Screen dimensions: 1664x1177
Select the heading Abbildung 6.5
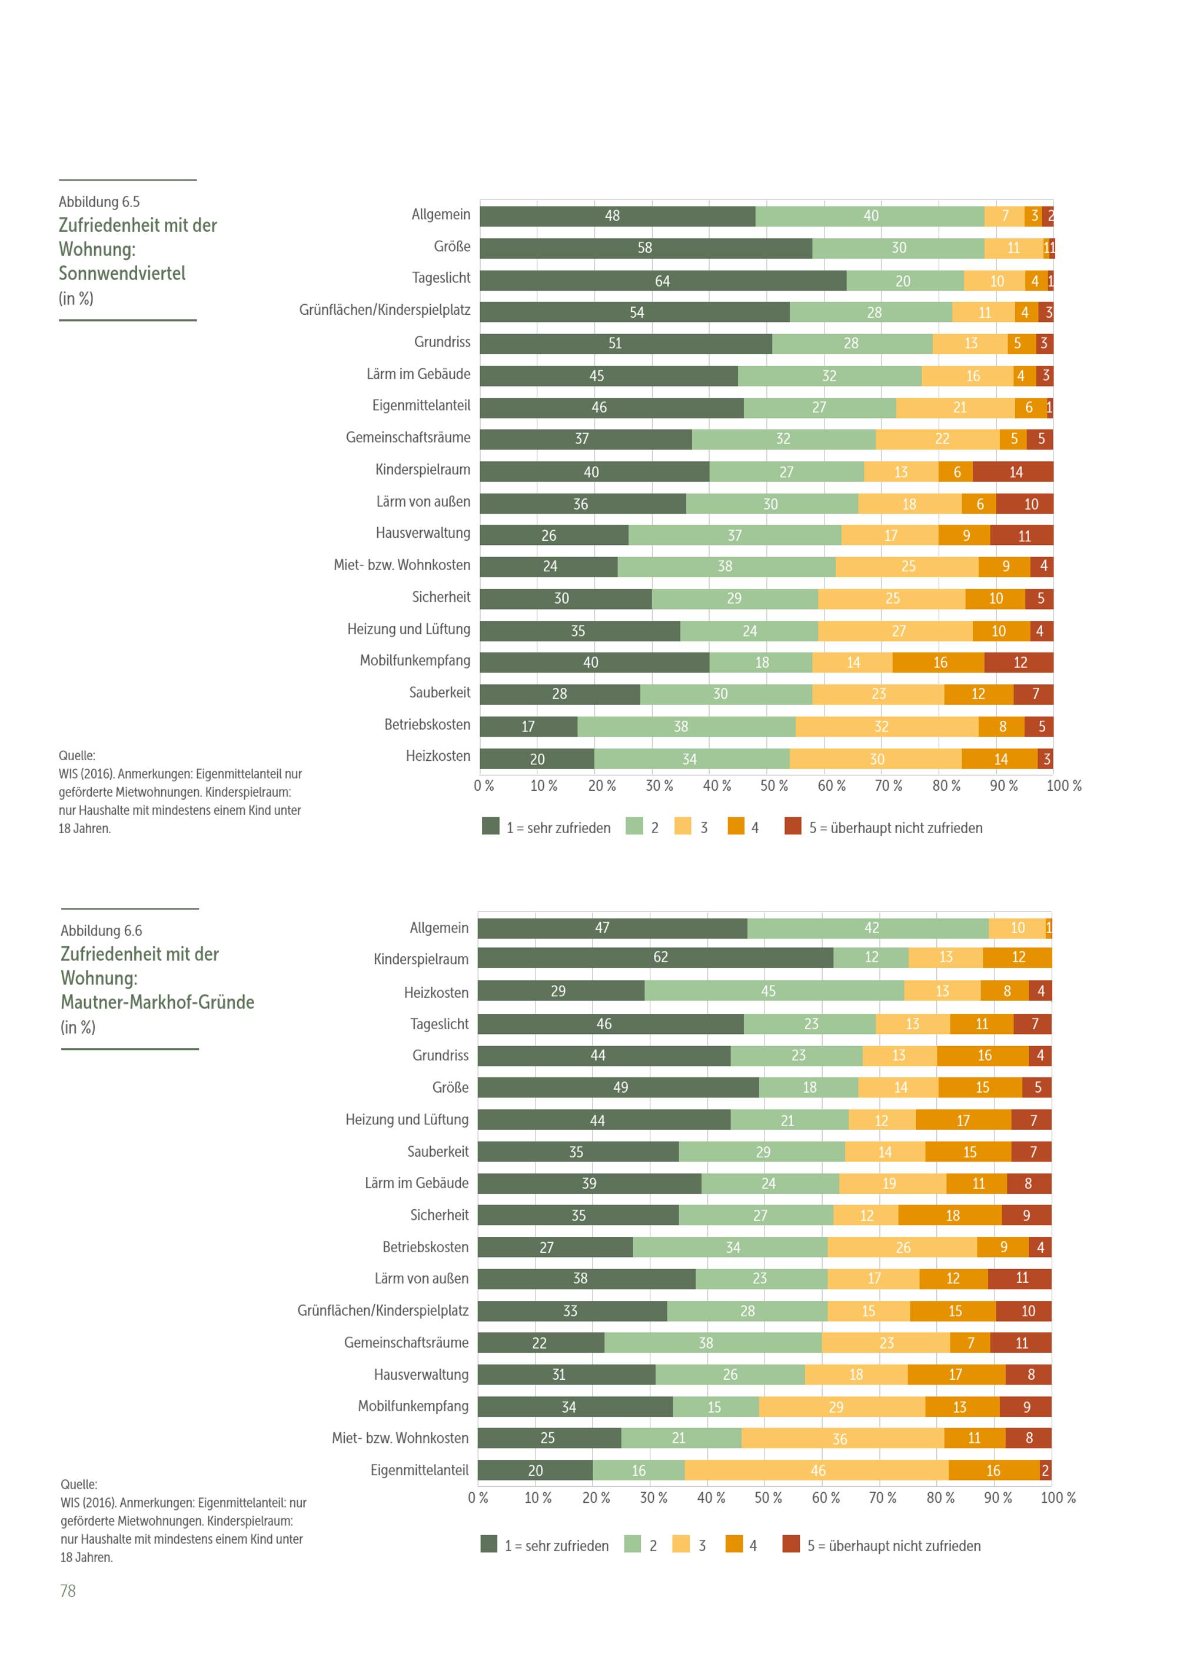click(x=99, y=201)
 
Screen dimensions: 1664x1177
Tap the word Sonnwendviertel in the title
click(x=122, y=273)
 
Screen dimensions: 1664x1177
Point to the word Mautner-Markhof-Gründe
click(x=157, y=1002)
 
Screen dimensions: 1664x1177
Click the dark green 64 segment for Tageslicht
click(x=663, y=281)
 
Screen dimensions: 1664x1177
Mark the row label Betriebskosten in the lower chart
click(x=425, y=1247)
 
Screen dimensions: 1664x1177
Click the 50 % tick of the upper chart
click(x=774, y=786)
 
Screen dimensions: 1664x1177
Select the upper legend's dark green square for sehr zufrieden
click(x=491, y=826)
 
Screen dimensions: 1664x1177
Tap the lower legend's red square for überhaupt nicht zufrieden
click(x=791, y=1545)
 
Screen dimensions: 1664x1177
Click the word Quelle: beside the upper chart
click(x=77, y=755)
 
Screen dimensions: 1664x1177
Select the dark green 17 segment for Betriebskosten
click(x=528, y=726)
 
